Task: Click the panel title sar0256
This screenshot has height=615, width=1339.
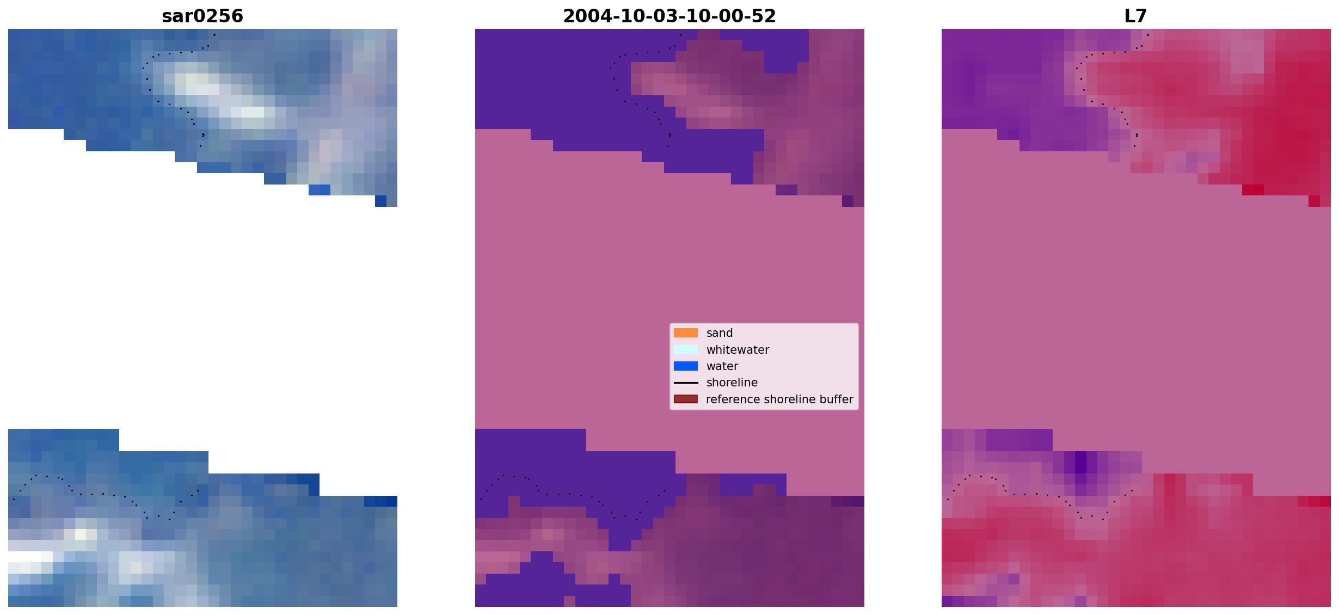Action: [202, 16]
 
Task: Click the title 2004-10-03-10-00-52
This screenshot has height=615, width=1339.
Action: [669, 16]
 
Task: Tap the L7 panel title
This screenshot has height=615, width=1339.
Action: [1136, 16]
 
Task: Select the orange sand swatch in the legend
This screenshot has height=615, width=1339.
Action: [686, 333]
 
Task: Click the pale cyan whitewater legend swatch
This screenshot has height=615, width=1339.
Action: [686, 349]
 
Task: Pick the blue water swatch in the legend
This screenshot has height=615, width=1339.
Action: [686, 366]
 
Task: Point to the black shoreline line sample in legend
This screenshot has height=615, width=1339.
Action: [686, 383]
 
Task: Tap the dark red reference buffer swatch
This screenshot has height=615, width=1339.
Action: [686, 399]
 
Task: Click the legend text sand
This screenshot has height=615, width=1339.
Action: [720, 333]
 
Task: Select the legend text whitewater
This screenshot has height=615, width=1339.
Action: [738, 350]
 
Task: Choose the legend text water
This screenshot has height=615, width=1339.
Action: [722, 366]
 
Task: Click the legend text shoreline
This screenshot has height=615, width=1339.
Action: [732, 383]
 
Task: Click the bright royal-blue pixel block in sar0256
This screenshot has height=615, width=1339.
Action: [320, 190]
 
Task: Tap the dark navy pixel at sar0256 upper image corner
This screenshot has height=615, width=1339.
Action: [380, 201]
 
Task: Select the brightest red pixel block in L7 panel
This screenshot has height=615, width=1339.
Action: [1253, 190]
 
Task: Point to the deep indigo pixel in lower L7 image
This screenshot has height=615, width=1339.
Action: [1080, 463]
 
